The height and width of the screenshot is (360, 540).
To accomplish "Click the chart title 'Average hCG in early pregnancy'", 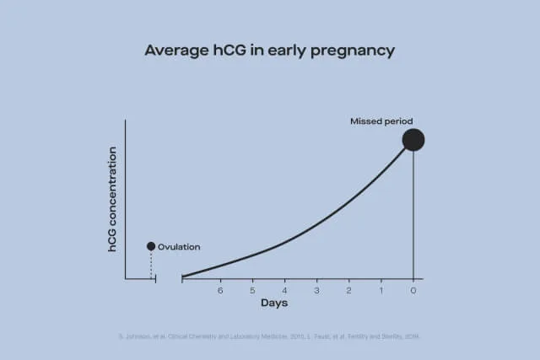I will (269, 51).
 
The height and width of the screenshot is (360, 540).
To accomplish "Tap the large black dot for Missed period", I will (413, 140).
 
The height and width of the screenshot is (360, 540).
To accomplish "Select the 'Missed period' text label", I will (381, 121).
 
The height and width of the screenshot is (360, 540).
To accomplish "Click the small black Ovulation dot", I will (151, 246).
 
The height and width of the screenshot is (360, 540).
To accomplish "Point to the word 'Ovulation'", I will (179, 247).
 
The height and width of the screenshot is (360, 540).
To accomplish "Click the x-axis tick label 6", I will (220, 290).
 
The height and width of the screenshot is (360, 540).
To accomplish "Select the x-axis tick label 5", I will (252, 290).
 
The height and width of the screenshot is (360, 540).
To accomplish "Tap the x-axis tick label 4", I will (284, 290).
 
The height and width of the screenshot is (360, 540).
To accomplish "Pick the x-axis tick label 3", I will (316, 290).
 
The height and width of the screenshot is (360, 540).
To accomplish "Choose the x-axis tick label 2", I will (348, 290).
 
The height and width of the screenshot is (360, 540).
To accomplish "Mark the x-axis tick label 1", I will (381, 290).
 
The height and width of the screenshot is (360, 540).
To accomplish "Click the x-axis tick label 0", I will (413, 290).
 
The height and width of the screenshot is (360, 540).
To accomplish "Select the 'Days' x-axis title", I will (273, 303).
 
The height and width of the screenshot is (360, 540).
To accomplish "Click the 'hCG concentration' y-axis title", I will (112, 199).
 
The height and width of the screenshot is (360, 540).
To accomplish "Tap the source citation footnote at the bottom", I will (269, 336).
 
